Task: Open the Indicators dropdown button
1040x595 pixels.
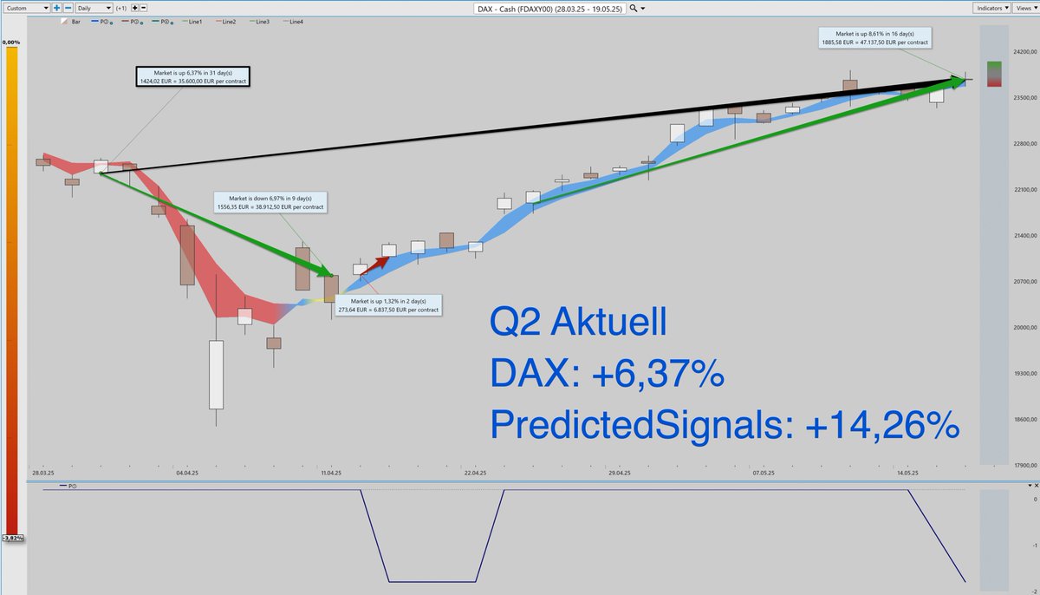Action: (990, 8)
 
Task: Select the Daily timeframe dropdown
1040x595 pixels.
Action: (94, 8)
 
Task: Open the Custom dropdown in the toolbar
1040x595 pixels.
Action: (27, 8)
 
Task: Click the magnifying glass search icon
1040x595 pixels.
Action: (634, 8)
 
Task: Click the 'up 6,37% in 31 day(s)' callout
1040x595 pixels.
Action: (192, 76)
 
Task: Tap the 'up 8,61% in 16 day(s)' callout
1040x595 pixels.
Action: (876, 36)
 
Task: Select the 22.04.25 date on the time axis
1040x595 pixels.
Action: (475, 474)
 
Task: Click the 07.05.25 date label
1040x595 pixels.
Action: (764, 474)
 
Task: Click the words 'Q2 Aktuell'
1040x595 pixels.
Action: (578, 324)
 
